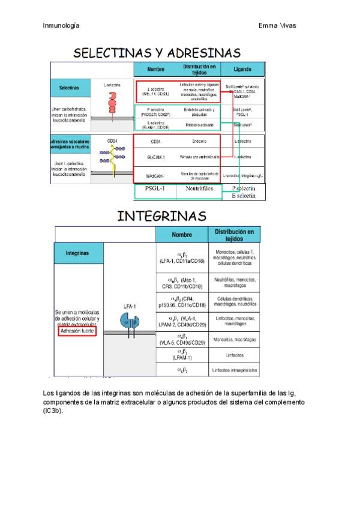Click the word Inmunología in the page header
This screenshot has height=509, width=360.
pos(62,26)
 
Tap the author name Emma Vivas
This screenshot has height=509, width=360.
pos(277,26)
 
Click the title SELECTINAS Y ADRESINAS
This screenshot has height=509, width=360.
pos(157,53)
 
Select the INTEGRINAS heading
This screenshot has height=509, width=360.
pos(161,216)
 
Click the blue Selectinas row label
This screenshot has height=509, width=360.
pos(69,88)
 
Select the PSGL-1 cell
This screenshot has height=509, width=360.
pos(155,189)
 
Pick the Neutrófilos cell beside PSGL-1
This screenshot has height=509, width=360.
pos(199,189)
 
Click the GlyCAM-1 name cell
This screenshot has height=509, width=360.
pos(155,157)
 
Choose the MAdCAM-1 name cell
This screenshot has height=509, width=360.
pos(155,175)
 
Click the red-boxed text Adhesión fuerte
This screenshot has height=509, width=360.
pos(77,331)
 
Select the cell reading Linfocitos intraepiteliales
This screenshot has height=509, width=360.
pos(235,370)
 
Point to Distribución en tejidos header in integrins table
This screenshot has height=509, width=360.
pos(235,234)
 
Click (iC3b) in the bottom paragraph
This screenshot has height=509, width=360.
pos(53,411)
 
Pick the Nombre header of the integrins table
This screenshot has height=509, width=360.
pos(181,234)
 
